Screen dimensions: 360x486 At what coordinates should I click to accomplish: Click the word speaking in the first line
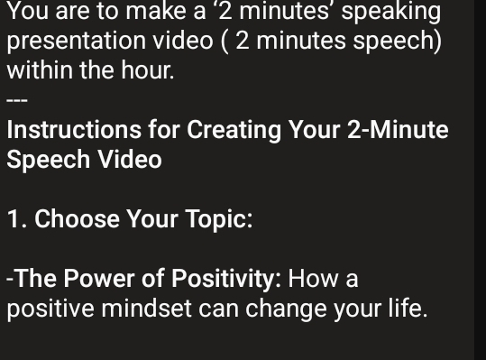pyautogui.click(x=391, y=13)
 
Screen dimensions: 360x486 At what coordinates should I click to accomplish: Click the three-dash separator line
pyautogui.click(x=17, y=99)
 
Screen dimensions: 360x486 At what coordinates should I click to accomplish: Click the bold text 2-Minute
pyautogui.click(x=398, y=130)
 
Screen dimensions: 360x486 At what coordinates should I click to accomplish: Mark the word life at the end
pyautogui.click(x=405, y=309)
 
